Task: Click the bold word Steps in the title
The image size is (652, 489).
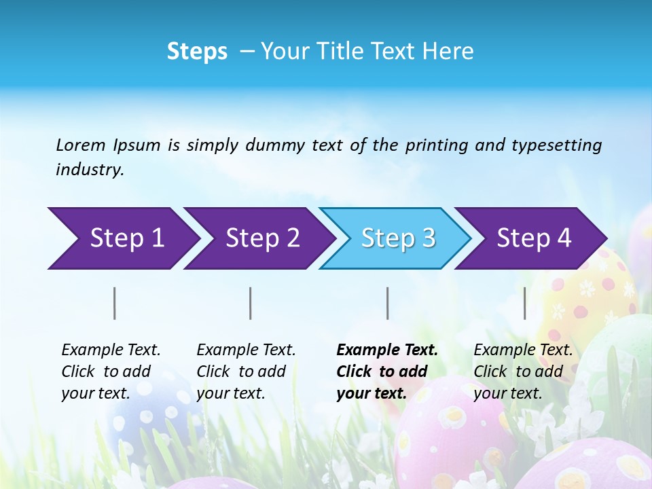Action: (197, 52)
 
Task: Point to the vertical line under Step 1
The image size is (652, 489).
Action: (115, 303)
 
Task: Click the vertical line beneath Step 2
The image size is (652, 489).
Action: (251, 303)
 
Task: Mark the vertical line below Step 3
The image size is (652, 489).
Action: (387, 303)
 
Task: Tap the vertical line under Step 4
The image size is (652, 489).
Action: (524, 303)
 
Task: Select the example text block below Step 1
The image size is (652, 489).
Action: (111, 372)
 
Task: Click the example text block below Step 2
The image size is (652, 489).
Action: (246, 372)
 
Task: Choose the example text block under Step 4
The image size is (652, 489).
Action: (523, 372)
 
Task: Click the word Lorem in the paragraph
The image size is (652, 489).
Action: (81, 145)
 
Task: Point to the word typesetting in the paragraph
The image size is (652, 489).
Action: (556, 145)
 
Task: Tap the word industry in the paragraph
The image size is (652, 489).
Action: (90, 170)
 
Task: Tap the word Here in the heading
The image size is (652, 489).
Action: (448, 52)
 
